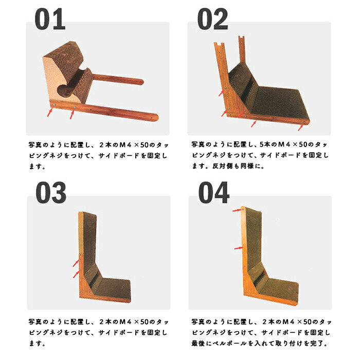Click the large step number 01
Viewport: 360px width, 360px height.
coord(50,19)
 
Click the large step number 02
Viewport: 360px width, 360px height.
coord(212,19)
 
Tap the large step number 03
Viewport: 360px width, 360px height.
coord(51,192)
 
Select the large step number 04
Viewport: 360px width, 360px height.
coord(214,192)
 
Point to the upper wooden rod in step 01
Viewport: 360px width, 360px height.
coord(118,79)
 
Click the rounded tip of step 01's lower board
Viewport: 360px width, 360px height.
coord(155,117)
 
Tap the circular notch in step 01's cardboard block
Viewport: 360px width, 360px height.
coord(63,90)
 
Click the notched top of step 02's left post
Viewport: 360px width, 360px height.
coord(219,44)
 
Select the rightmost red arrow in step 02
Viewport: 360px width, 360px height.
coord(301,127)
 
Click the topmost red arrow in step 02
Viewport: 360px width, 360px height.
coord(222,92)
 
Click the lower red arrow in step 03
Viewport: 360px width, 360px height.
coord(77,274)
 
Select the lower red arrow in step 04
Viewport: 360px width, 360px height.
coord(239,248)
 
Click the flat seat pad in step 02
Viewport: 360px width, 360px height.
coord(279,102)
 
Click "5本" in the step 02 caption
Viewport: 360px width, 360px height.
coord(266,145)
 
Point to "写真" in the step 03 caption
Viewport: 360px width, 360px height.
coord(35,321)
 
